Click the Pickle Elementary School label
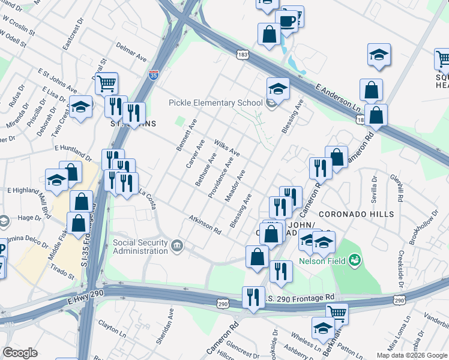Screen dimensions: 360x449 point(217,103)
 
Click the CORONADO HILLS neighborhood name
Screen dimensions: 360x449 point(356,214)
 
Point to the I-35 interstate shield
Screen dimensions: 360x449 point(154,75)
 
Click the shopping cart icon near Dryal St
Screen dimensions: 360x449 point(106,84)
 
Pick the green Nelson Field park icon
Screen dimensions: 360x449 point(355,260)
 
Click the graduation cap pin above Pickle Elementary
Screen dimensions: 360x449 point(279,89)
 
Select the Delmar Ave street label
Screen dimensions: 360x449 point(132,55)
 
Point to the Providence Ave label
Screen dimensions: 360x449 point(220,178)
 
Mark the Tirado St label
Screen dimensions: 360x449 point(62,271)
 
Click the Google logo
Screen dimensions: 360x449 point(20,353)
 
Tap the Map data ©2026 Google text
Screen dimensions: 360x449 point(411,355)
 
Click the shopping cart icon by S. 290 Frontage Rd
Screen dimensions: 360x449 point(337,313)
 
